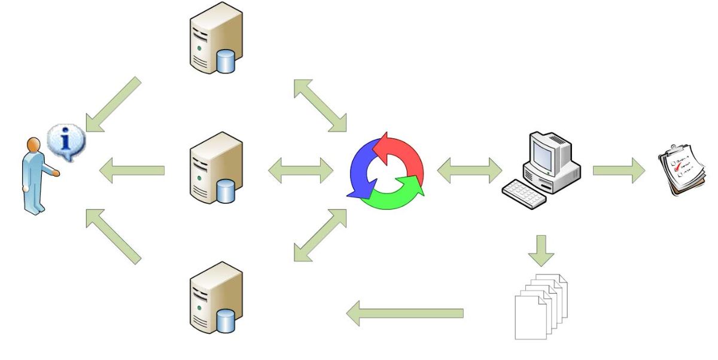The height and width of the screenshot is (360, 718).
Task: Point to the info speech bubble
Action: [x=67, y=142]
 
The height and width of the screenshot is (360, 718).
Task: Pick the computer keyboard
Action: [x=523, y=193]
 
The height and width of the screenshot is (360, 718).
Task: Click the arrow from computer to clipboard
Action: [x=619, y=171]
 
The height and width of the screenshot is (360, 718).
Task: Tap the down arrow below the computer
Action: [x=541, y=249]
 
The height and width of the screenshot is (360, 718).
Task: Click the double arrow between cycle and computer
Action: [x=470, y=171]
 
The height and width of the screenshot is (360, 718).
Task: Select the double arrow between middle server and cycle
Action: [x=300, y=171]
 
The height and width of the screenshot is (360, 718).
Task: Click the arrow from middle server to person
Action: [x=131, y=171]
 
